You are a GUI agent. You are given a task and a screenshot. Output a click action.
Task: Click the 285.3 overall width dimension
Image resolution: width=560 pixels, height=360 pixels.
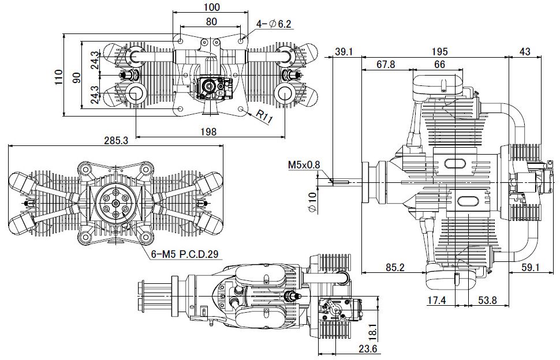click(x=115, y=140)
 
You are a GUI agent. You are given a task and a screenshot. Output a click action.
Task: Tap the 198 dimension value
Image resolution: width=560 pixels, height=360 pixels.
click(x=208, y=132)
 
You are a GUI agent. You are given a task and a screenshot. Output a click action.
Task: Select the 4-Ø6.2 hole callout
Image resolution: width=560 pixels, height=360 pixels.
click(x=274, y=24)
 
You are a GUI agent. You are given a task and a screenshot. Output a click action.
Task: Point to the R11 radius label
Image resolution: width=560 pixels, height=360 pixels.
click(x=264, y=117)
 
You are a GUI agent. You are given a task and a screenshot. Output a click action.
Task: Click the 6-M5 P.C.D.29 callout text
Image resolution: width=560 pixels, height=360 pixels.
click(x=185, y=254)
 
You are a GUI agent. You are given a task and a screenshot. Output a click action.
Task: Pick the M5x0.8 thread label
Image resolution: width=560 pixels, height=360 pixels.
click(x=304, y=164)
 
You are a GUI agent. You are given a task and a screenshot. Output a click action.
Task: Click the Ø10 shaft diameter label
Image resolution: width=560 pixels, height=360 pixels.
click(x=312, y=202)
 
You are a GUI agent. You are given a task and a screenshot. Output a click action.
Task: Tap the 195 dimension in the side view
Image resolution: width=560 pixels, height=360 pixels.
click(x=439, y=52)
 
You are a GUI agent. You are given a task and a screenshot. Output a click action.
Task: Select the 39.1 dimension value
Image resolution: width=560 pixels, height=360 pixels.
click(x=344, y=52)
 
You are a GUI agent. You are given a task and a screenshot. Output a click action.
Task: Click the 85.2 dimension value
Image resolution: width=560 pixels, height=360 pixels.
click(x=395, y=267)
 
